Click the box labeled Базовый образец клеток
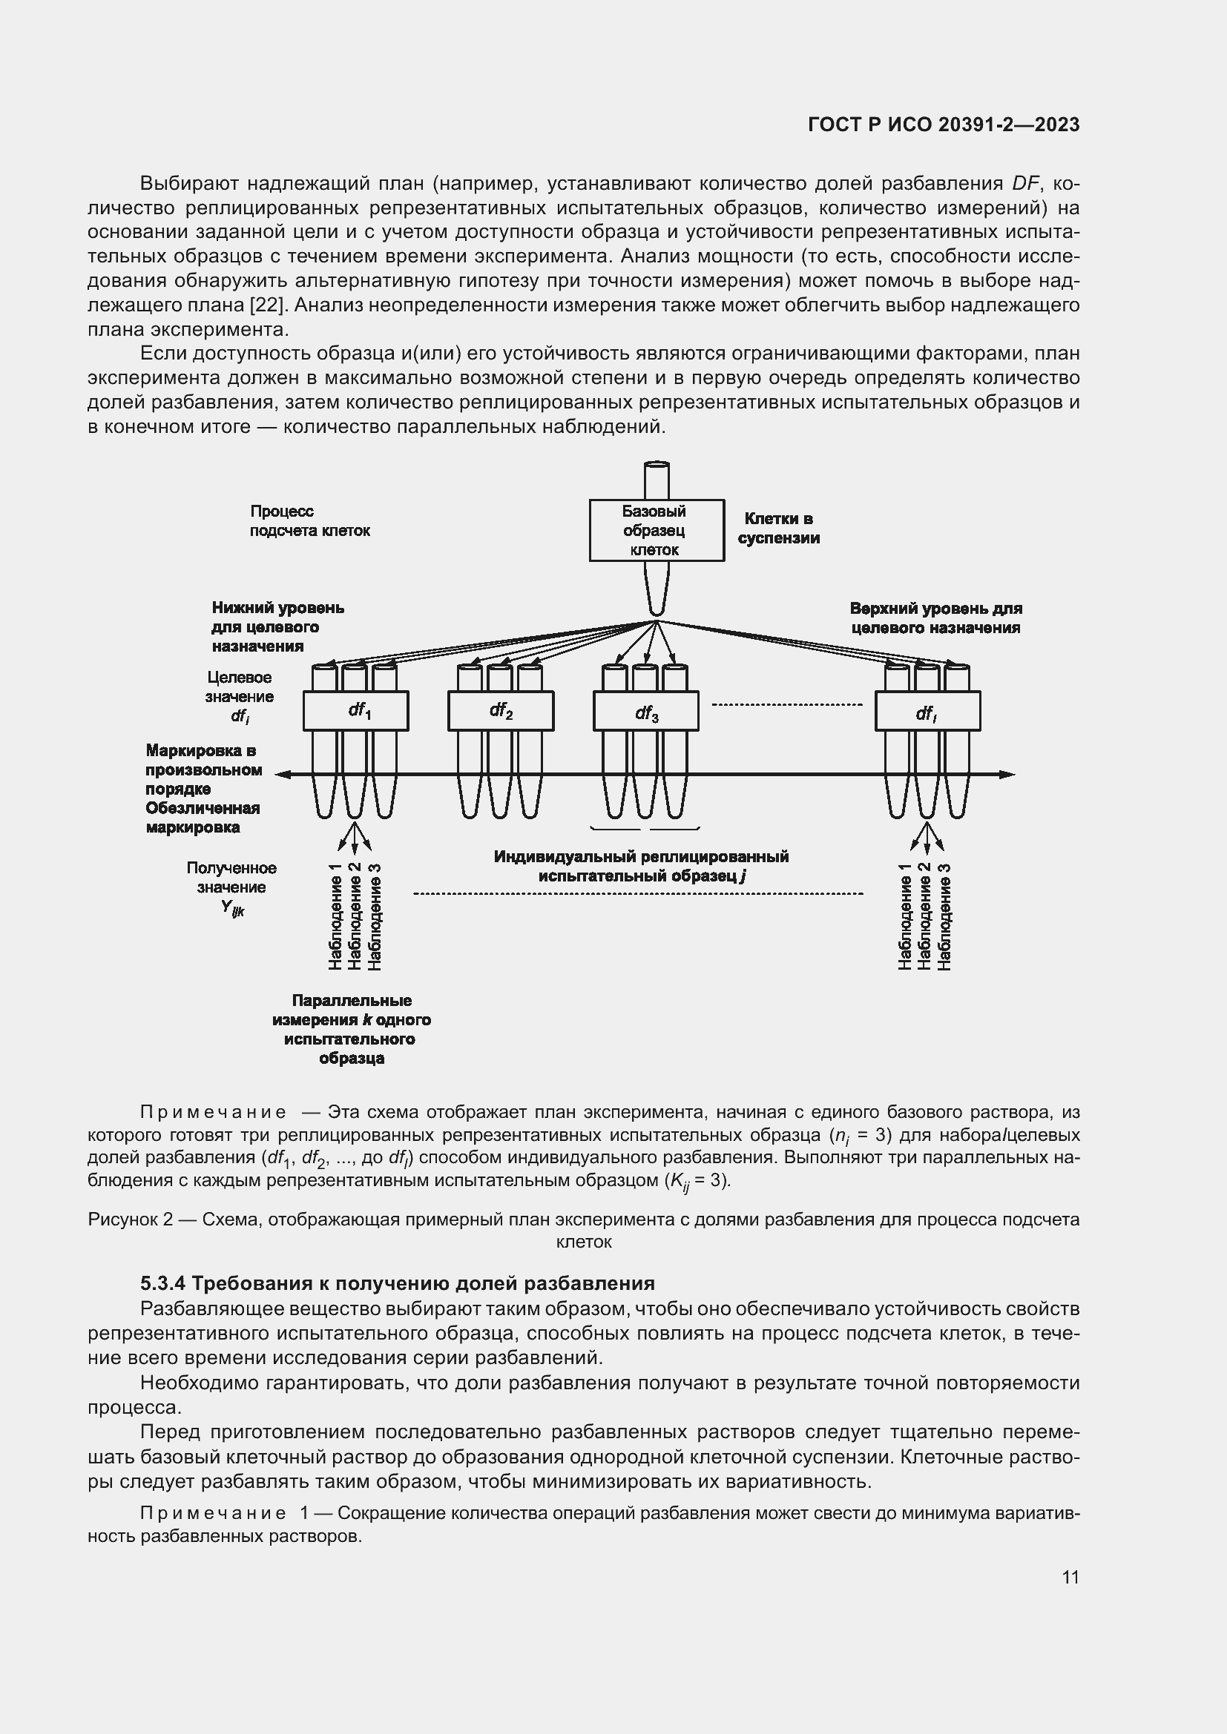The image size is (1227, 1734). (x=656, y=530)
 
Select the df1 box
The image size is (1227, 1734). (x=356, y=711)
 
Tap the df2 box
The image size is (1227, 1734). (x=500, y=711)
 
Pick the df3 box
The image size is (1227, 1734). (x=645, y=712)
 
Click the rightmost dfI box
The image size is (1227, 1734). (x=927, y=712)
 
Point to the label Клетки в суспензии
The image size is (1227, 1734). (x=778, y=528)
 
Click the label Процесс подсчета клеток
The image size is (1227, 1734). (x=310, y=521)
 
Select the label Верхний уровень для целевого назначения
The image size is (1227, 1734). (x=935, y=618)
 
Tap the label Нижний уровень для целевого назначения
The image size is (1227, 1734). (x=277, y=626)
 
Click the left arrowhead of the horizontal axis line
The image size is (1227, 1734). (x=282, y=774)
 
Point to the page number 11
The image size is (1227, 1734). (x=1070, y=1577)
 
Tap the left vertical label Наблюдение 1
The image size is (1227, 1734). (x=335, y=916)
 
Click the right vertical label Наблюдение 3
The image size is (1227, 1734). (x=944, y=916)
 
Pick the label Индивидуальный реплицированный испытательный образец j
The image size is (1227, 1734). (x=641, y=865)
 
